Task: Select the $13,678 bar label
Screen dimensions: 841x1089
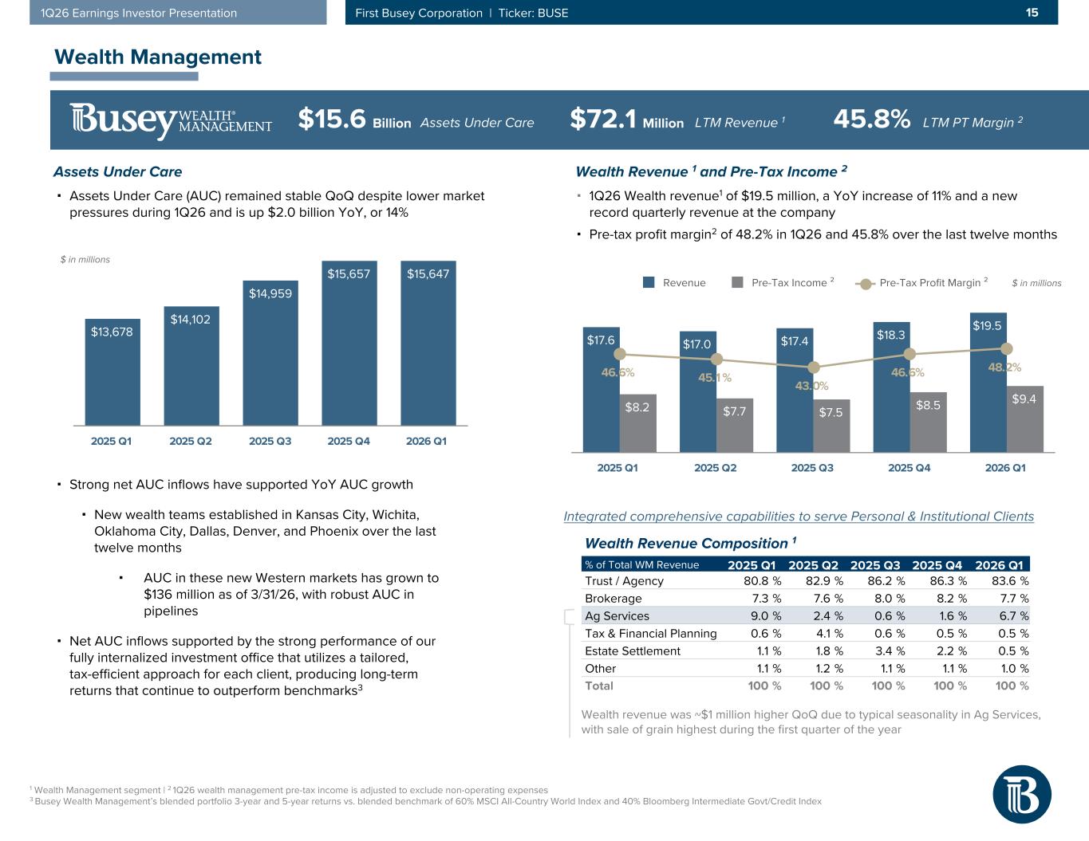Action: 112,332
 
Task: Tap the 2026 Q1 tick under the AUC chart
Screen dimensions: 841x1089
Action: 427,441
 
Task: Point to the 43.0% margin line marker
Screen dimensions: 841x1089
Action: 814,367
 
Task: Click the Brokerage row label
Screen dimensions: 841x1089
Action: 613,598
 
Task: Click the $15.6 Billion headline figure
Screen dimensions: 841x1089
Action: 354,120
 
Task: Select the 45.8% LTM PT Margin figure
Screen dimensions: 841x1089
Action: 871,120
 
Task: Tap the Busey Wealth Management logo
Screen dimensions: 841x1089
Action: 171,120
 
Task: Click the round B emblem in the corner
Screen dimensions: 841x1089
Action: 1021,795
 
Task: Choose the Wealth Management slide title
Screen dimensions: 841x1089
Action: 157,57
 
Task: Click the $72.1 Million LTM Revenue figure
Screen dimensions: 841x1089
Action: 627,120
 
